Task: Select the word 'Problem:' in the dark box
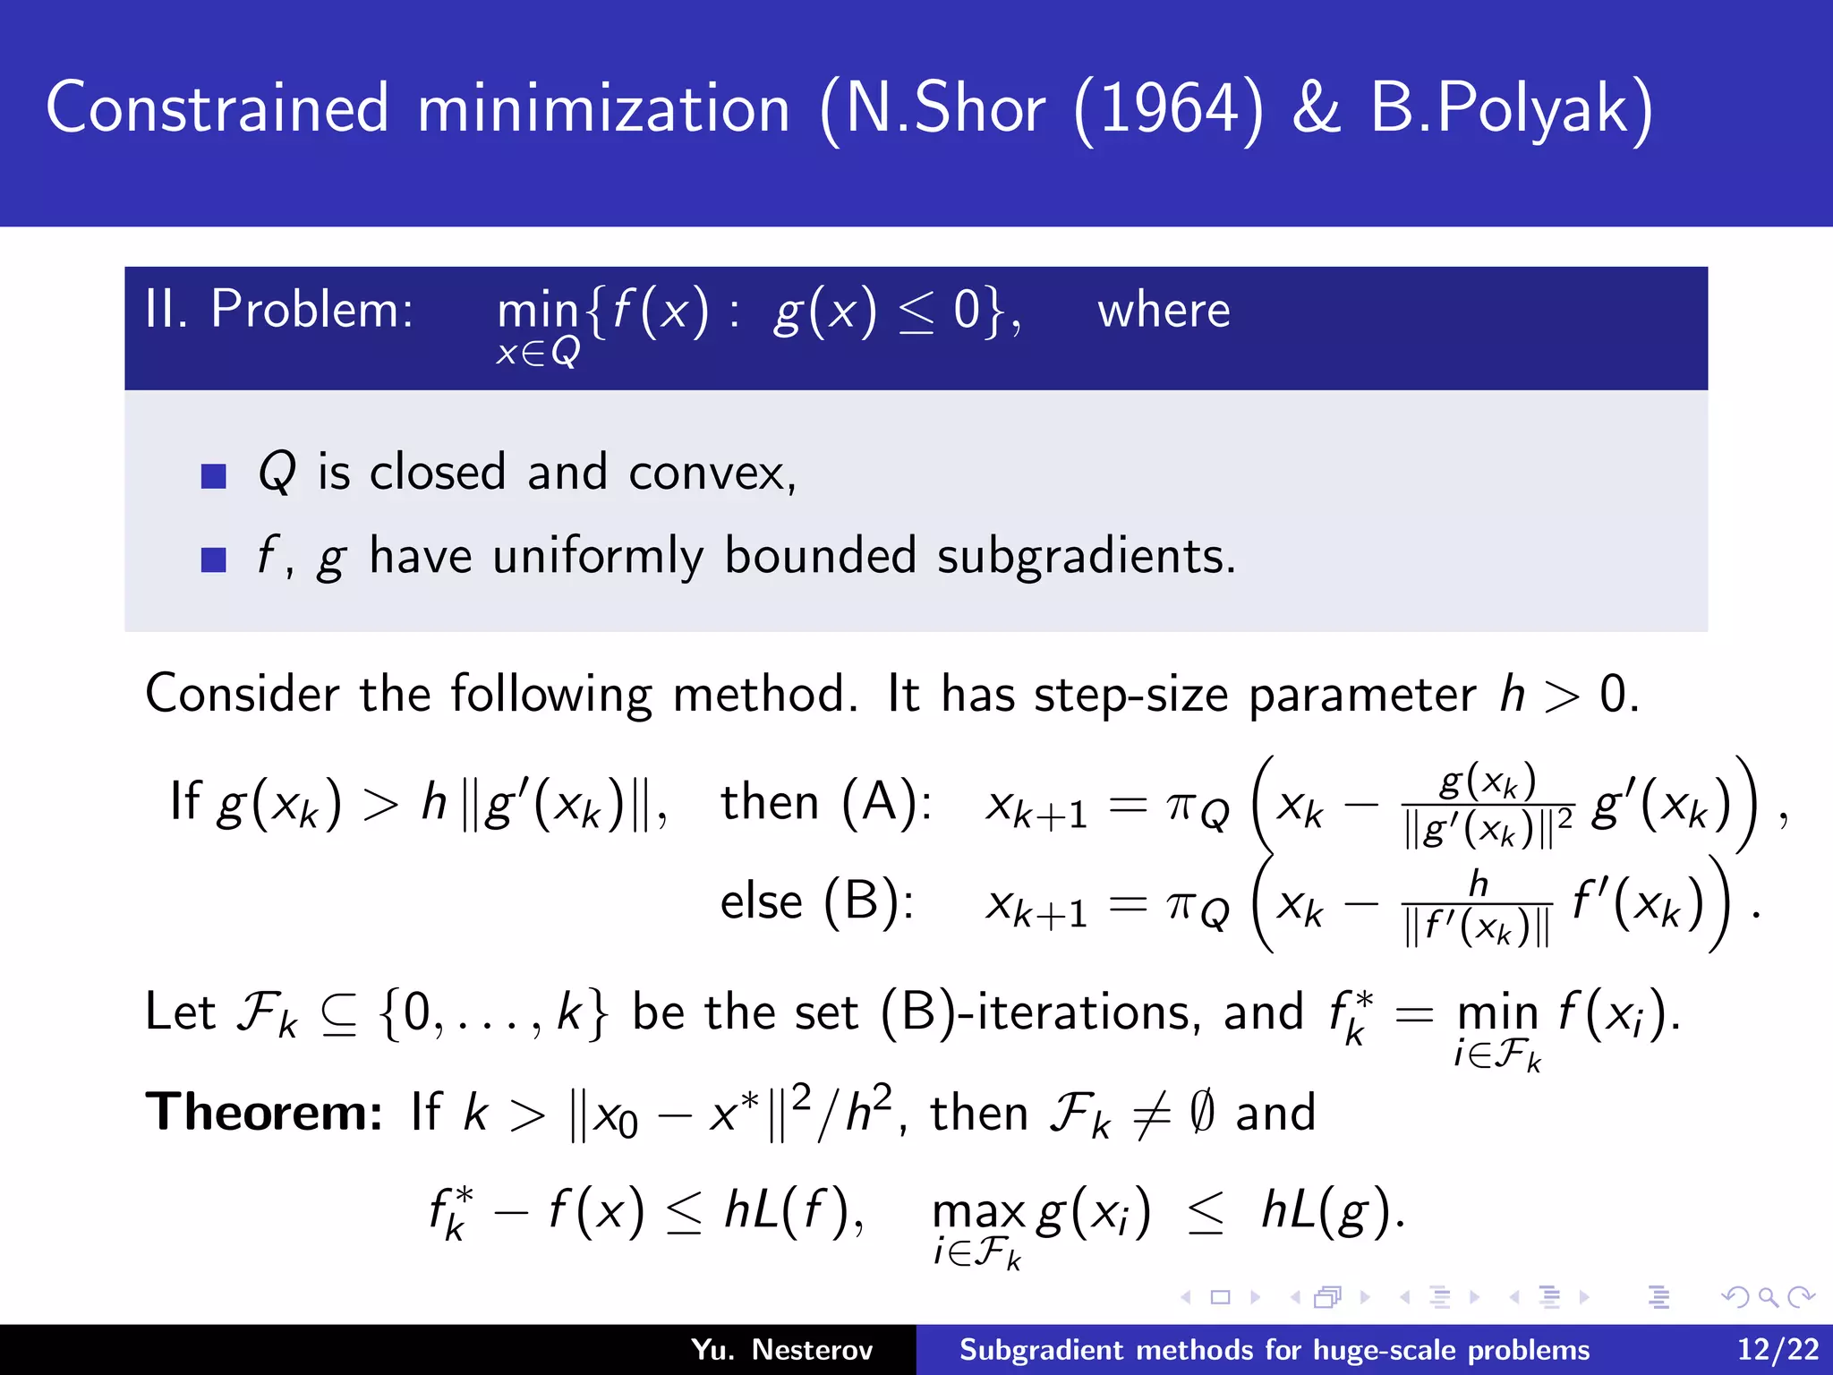(x=311, y=310)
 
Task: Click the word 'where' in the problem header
(x=1164, y=312)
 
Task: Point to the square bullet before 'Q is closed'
(x=214, y=475)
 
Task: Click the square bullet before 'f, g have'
(x=214, y=559)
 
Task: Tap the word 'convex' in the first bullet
(x=712, y=473)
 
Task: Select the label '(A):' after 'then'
(x=887, y=801)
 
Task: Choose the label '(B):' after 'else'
(x=868, y=901)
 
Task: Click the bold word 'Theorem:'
(x=264, y=1113)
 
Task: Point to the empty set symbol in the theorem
(x=1202, y=1113)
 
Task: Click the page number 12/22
(x=1778, y=1350)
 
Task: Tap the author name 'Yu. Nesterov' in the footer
(x=781, y=1350)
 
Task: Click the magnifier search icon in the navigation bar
(x=1768, y=1297)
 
